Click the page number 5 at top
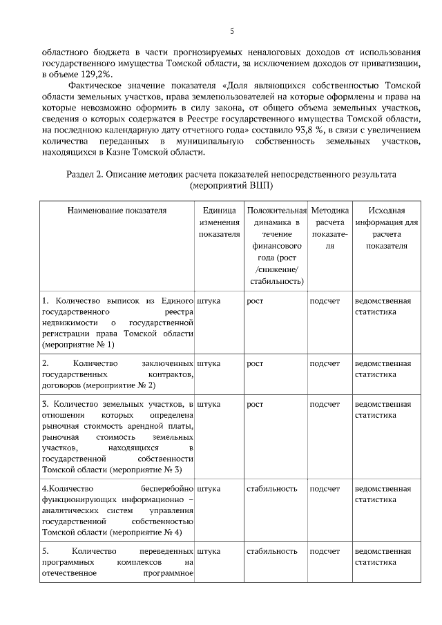[231, 31]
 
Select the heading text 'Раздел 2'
[85, 174]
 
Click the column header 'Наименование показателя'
[117, 210]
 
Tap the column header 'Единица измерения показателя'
[219, 222]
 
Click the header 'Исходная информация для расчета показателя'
[386, 228]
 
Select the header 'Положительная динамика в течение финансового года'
[276, 245]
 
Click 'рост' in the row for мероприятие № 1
[255, 301]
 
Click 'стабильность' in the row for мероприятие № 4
[271, 489]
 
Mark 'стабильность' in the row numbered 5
[271, 552]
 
